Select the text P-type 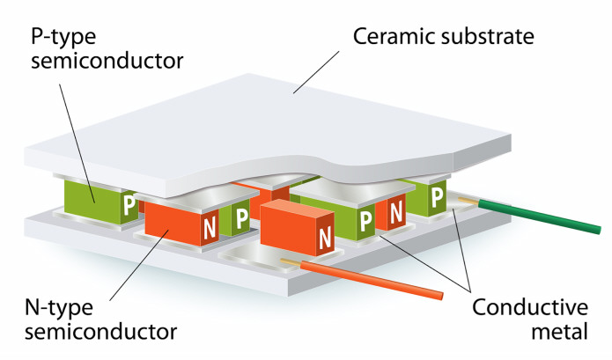[64, 38]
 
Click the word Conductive [529, 308]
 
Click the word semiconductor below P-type [105, 62]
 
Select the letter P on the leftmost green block [129, 205]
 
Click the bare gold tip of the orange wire [290, 261]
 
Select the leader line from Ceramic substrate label [318, 71]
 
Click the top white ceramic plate [264, 132]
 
